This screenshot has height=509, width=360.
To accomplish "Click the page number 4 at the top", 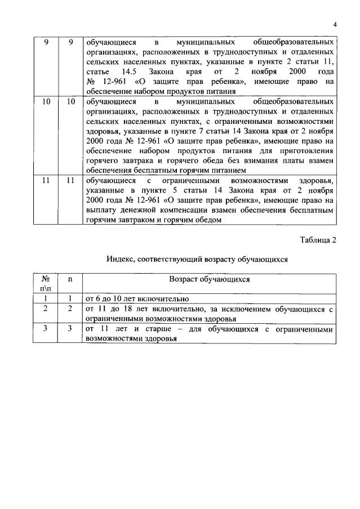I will tap(335, 25).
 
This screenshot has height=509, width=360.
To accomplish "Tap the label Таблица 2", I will tap(318, 240).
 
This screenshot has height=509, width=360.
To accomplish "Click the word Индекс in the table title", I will tap(122, 260).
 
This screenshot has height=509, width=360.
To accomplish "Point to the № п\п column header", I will tap(45, 283).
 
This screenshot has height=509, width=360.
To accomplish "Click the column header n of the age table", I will tap(70, 279).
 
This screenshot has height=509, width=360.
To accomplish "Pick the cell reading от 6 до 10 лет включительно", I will tap(136, 298).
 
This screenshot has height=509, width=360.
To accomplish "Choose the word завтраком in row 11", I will tap(136, 220).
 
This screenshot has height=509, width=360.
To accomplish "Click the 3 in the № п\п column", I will tap(45, 329).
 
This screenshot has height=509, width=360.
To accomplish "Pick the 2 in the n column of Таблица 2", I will tap(70, 309).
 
